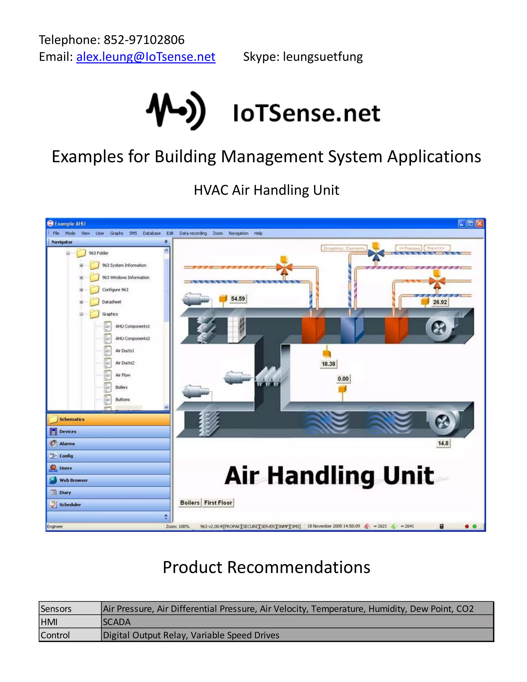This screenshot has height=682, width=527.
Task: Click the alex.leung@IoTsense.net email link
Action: pyautogui.click(x=146, y=57)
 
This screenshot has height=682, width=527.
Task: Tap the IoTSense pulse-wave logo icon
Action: pyautogui.click(x=176, y=111)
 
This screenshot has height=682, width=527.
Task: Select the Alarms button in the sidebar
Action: pyautogui.click(x=67, y=443)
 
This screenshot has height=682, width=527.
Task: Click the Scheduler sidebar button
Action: pyautogui.click(x=70, y=504)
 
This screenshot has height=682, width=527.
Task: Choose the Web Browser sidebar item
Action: pyautogui.click(x=73, y=480)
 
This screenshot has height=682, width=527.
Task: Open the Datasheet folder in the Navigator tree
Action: pyautogui.click(x=111, y=302)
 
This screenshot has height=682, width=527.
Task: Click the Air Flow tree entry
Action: pyautogui.click(x=123, y=375)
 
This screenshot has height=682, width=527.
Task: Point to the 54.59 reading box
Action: pyautogui.click(x=238, y=299)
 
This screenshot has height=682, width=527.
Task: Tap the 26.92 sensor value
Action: pyautogui.click(x=440, y=302)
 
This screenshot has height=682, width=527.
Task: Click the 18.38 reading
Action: pyautogui.click(x=328, y=364)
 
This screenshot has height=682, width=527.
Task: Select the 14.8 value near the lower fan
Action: pyautogui.click(x=443, y=443)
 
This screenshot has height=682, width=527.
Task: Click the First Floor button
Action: pyautogui.click(x=218, y=502)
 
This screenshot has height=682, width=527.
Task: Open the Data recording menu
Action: pyautogui.click(x=193, y=233)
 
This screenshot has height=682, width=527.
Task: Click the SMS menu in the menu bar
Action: pyautogui.click(x=133, y=233)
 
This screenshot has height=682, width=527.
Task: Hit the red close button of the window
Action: pyautogui.click(x=480, y=223)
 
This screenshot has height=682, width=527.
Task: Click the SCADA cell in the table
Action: pyautogui.click(x=117, y=622)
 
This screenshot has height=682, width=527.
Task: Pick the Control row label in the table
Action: pyautogui.click(x=55, y=635)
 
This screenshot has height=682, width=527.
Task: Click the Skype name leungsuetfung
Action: pyautogui.click(x=323, y=57)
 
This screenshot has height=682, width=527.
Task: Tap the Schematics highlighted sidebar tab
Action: pyautogui.click(x=72, y=419)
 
